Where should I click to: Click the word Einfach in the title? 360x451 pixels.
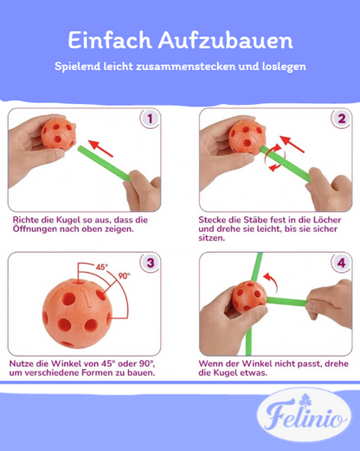107,41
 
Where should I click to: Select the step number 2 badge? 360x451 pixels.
341,119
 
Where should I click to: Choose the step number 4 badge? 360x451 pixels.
341,263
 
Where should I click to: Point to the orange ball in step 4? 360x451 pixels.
249,296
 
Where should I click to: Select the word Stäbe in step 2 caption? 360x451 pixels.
250,220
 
